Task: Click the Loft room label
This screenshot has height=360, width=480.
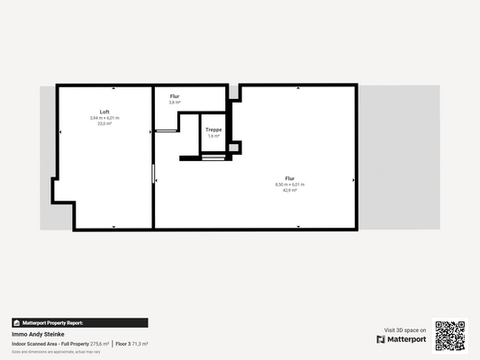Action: point(104,112)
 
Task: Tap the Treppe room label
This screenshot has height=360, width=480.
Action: point(213,130)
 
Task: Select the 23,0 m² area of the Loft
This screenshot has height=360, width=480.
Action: point(104,123)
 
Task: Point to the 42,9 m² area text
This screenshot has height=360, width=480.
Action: point(290,190)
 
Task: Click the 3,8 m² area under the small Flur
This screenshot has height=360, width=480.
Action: point(175,103)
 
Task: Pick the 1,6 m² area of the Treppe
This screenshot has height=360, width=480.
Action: point(213,136)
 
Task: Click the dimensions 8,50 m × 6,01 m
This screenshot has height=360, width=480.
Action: point(290,184)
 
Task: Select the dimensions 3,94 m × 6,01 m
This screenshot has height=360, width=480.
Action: point(104,118)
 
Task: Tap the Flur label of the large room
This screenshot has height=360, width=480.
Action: point(290,178)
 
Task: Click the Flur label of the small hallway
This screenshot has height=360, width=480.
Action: point(175,96)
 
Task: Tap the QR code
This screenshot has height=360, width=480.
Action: point(449,336)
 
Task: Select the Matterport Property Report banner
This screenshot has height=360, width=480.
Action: point(79,322)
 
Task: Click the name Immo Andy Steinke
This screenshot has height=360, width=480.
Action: point(38,334)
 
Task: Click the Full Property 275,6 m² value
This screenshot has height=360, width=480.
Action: point(87,344)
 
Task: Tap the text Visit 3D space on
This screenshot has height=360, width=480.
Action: point(405,329)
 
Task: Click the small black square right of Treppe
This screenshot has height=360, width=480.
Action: point(235,148)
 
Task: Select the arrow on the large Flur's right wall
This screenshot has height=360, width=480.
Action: point(352,180)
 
